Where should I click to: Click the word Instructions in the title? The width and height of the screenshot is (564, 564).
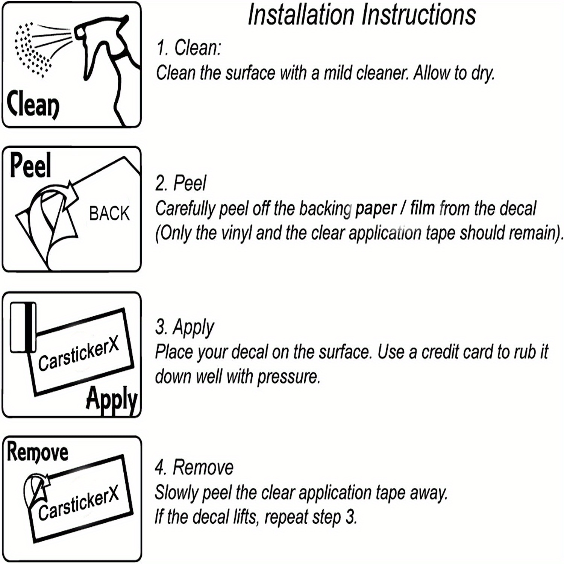pos(419,15)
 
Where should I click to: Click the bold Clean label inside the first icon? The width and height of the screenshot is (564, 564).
pos(33,104)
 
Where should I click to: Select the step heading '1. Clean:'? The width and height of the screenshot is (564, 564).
pos(189,48)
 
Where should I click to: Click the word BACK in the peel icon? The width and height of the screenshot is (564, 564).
pos(109,214)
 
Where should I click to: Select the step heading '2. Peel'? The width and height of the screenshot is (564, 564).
pos(181,183)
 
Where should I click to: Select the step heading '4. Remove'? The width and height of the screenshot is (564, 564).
pos(194,467)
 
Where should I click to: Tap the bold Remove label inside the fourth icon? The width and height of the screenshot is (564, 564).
pos(38,452)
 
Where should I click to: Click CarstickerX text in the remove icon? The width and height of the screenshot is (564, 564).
pos(79,502)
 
